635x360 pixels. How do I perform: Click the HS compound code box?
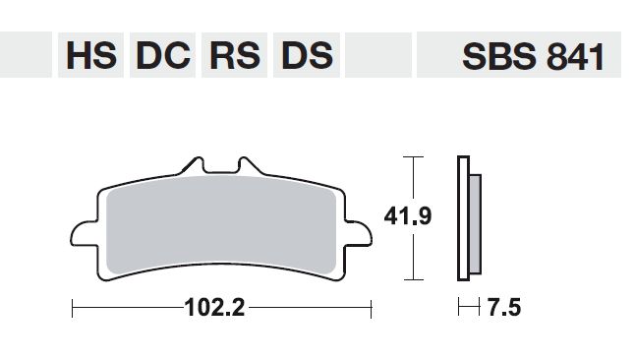[90, 55]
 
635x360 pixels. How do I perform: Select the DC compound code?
[162, 55]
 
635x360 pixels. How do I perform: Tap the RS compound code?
[234, 55]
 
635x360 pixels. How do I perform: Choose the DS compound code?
[306, 55]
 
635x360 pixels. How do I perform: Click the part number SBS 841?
[533, 56]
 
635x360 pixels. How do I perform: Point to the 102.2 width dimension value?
[214, 308]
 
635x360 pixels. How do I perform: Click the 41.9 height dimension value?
[408, 215]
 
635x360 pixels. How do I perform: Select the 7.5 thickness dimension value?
[504, 307]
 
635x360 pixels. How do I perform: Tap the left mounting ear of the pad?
[84, 234]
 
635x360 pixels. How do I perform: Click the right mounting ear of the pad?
[359, 234]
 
